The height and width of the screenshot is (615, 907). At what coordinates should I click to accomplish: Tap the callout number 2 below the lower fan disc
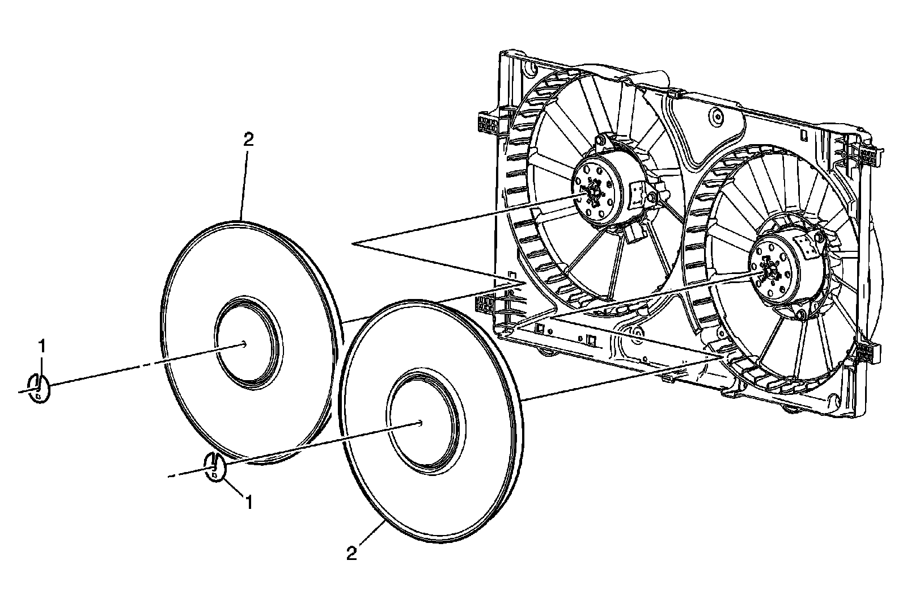click(x=351, y=553)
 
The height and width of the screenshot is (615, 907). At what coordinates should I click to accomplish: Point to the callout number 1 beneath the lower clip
click(x=248, y=501)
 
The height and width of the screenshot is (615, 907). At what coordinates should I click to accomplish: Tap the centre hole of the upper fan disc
click(x=243, y=343)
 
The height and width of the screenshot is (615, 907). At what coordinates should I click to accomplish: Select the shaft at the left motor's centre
click(x=594, y=193)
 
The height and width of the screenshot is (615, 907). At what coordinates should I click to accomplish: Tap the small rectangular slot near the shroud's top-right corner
click(x=805, y=136)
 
